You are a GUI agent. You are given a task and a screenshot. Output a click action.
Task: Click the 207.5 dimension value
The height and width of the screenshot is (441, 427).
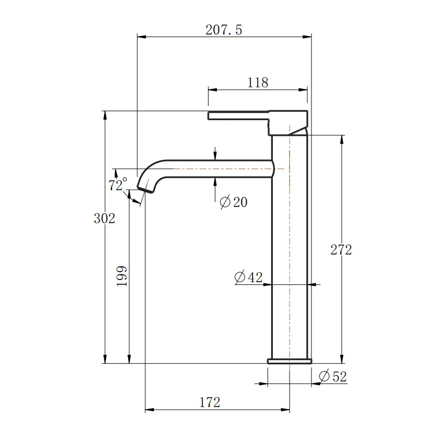[224, 30]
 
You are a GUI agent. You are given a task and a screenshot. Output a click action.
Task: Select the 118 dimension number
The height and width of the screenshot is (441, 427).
[257, 83]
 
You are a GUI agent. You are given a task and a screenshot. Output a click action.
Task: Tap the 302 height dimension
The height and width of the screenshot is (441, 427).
[104, 218]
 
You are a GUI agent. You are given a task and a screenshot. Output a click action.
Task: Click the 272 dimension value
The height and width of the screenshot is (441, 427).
[341, 250]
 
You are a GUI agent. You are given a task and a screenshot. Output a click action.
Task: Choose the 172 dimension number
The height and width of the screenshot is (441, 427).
[210, 402]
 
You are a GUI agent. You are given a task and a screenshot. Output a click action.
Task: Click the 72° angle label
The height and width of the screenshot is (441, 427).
[118, 185]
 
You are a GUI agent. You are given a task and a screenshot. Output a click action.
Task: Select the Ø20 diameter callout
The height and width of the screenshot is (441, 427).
[234, 202]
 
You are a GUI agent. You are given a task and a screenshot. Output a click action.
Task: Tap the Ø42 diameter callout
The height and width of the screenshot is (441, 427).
[248, 277]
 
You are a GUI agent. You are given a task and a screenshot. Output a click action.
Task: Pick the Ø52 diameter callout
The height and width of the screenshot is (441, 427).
[332, 376]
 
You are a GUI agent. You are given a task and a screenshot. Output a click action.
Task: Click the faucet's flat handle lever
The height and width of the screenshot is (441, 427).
[238, 115]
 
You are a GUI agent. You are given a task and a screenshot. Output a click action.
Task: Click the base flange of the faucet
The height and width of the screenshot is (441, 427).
[290, 361]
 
